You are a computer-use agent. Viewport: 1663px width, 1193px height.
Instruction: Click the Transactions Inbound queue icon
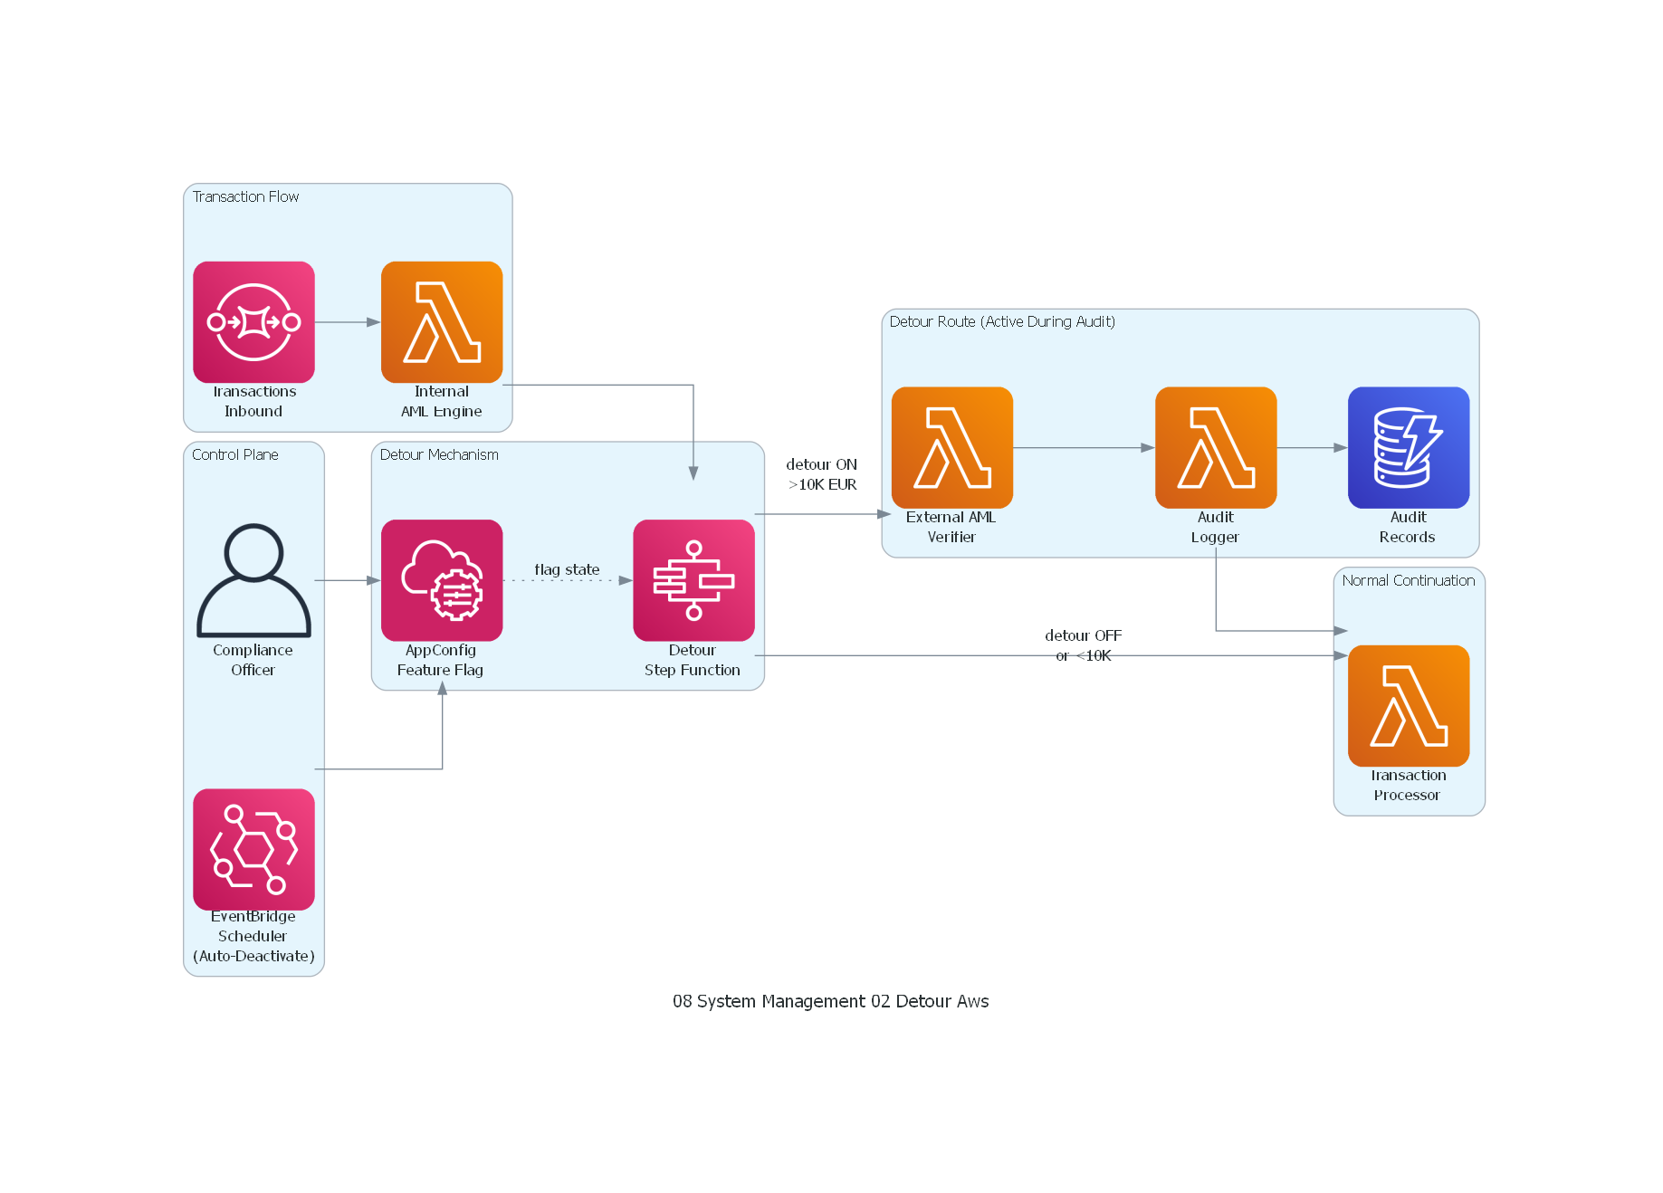pos(253,322)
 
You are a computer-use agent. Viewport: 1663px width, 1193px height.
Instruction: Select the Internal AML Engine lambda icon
pos(442,322)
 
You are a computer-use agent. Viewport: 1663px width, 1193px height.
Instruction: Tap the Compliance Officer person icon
pos(253,580)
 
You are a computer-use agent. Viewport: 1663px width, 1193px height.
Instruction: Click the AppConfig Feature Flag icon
pos(442,580)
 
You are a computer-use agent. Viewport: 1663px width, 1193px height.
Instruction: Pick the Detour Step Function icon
pos(693,580)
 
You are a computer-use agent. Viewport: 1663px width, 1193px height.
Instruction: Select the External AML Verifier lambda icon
pos(951,447)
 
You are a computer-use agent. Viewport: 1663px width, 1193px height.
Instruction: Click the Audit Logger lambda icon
pos(1215,447)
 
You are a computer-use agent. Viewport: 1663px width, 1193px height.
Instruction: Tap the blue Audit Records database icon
pos(1408,447)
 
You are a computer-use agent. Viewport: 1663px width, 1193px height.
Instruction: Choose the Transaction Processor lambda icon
pos(1408,706)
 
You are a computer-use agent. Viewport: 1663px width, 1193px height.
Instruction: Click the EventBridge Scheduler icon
pos(253,849)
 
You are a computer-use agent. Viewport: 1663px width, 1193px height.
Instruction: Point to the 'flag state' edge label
pos(567,569)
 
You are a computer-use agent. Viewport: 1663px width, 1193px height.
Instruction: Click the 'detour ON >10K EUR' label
pos(821,474)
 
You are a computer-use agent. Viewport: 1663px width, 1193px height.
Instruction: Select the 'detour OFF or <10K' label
pos(1083,644)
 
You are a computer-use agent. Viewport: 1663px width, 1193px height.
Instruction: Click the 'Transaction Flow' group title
pos(245,196)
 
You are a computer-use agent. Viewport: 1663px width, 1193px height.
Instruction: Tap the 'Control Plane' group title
pos(234,454)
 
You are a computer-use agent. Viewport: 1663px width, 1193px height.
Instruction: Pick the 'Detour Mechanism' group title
pos(439,454)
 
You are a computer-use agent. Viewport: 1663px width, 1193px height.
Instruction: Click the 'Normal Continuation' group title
pos(1408,580)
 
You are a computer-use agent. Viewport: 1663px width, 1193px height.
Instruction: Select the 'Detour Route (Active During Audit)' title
pos(1002,321)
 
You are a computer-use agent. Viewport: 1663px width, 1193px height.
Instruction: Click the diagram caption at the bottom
pos(830,1001)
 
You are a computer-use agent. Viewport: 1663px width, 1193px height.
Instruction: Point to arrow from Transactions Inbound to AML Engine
pos(347,322)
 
